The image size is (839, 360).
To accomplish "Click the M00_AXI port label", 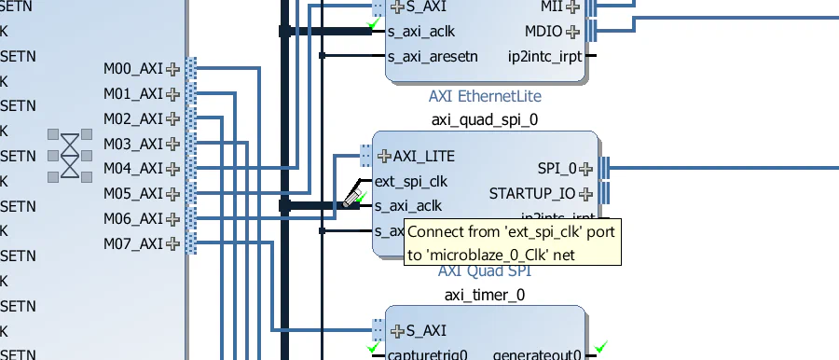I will (132, 68).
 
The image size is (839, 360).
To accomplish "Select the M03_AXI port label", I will (132, 144).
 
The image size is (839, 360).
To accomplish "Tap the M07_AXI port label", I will (132, 244).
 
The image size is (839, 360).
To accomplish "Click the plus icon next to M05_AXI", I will (172, 194).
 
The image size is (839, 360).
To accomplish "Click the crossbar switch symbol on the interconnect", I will (70, 154).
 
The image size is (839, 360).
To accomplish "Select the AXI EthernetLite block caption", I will (485, 96).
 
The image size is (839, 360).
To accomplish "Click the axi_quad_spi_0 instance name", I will (485, 119).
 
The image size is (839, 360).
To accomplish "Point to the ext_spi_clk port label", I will (411, 181).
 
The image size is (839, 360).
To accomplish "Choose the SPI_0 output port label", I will (557, 169).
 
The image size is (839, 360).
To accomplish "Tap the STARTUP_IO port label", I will (532, 194).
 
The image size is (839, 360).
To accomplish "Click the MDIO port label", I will (543, 31).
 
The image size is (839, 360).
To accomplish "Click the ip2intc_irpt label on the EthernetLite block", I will (545, 56).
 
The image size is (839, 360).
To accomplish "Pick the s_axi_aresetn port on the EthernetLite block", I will (433, 56).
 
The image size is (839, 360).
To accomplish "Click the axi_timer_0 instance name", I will (485, 295).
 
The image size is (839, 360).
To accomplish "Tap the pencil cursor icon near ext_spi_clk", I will (353, 196).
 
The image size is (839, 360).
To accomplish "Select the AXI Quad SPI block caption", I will (485, 270).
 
